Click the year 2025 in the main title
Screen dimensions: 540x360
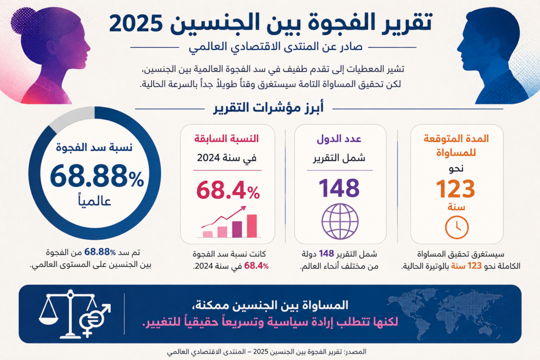136,24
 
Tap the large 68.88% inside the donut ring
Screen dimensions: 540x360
97,176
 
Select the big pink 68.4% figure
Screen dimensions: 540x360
228,190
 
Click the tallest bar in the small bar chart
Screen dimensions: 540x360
252,226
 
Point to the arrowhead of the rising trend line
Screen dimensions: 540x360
243,208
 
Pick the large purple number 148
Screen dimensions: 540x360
339,188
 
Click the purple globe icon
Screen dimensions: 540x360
340,221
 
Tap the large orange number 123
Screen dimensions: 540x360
456,189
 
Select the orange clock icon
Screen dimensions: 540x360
457,227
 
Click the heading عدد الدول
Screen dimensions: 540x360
339,139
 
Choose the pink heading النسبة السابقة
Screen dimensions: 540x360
227,139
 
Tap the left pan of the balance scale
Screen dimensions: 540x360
49,320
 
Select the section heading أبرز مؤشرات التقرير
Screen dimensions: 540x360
268,108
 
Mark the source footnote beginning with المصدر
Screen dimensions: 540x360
266,352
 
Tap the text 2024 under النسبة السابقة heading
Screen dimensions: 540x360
208,158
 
